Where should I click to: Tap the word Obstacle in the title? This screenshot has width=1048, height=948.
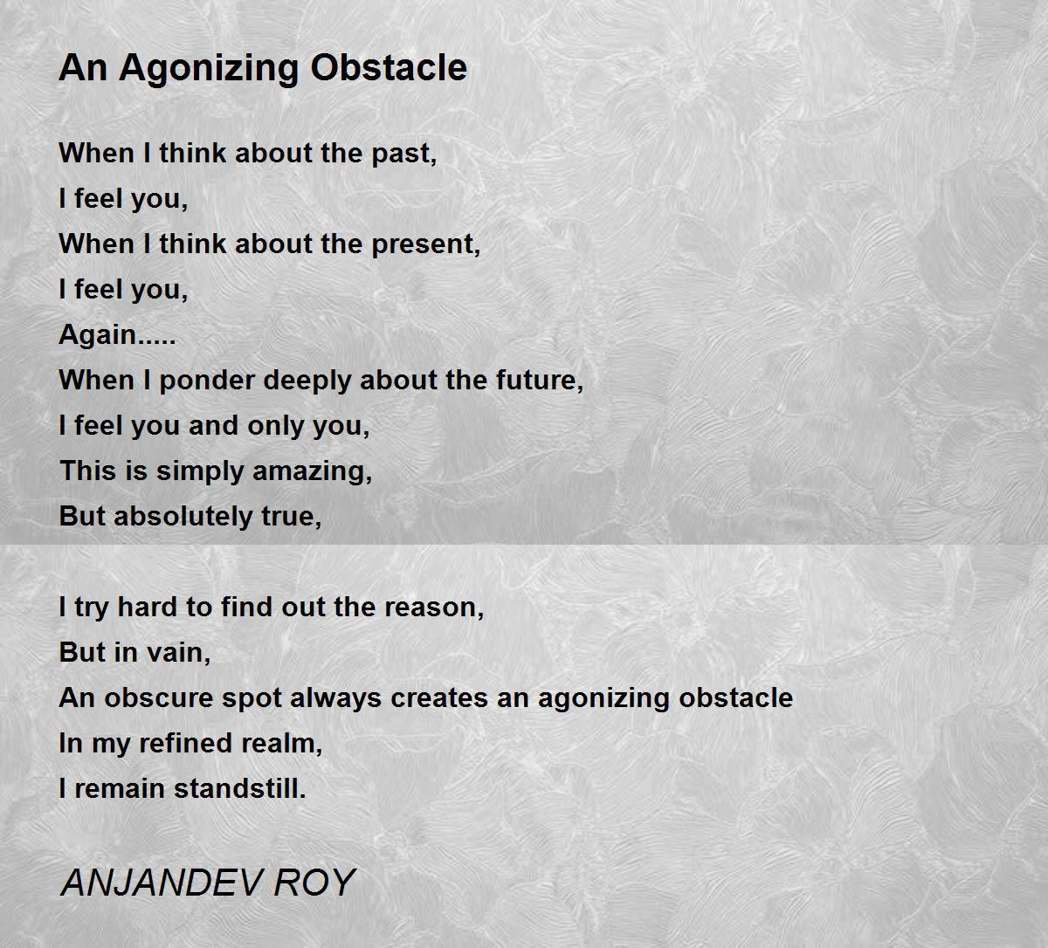(x=388, y=67)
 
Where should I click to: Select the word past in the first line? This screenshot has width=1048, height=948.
(x=403, y=155)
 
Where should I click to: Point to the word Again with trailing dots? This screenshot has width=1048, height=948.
(x=118, y=335)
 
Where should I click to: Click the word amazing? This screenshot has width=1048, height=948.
(x=312, y=471)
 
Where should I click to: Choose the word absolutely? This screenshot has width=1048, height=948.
(x=183, y=517)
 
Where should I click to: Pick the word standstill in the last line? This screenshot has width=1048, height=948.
(x=240, y=789)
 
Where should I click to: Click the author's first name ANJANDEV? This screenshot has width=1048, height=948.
(x=161, y=883)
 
